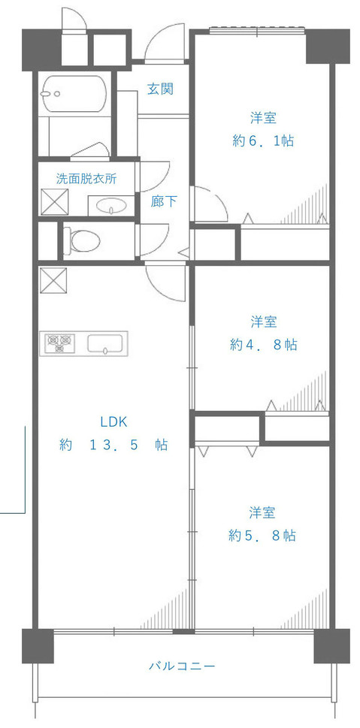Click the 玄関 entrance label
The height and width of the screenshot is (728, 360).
160,89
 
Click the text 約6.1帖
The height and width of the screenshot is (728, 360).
262,140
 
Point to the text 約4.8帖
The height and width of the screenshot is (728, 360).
262,345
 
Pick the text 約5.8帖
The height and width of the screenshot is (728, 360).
262,536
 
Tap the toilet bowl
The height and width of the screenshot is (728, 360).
83,240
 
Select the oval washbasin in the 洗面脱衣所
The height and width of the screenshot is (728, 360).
111,205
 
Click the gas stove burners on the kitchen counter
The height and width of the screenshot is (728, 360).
60,343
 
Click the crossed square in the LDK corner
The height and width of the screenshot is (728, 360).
53,281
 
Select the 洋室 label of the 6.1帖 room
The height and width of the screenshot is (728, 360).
263,118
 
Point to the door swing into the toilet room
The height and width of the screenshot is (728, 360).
154,240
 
